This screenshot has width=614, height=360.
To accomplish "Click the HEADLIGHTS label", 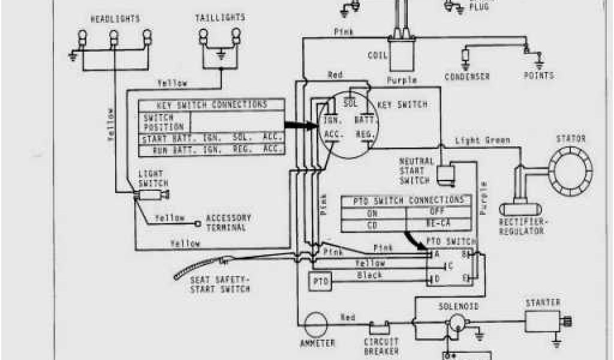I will tap(115, 19).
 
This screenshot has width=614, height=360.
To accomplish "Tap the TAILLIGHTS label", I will tap(221, 18).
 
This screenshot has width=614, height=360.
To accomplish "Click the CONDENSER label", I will tap(467, 77).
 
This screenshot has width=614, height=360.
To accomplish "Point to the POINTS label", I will tap(538, 76).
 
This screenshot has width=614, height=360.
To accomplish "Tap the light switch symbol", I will tap(152, 195).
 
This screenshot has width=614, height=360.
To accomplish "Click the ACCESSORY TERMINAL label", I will tap(228, 223).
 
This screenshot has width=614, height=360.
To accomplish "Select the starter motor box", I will tap(543, 323).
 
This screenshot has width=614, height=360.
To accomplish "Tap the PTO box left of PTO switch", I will tap(318, 281).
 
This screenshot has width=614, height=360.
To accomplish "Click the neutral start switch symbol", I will tap(447, 173).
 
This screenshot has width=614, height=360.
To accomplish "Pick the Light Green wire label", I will tap(482, 140).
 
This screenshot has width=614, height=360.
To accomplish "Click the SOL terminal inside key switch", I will tap(351, 104).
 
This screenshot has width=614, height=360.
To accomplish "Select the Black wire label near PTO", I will tap(370, 275).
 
